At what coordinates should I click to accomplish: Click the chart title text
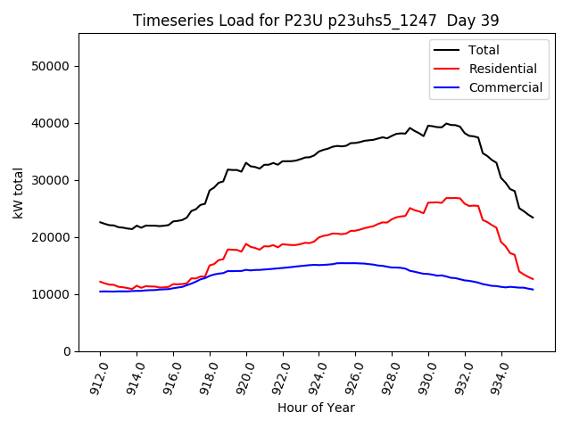316,21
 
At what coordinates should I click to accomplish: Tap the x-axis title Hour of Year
316,408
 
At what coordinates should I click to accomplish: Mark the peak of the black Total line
446,123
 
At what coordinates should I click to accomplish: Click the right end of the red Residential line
533,279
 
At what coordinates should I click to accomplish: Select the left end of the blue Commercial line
100,292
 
